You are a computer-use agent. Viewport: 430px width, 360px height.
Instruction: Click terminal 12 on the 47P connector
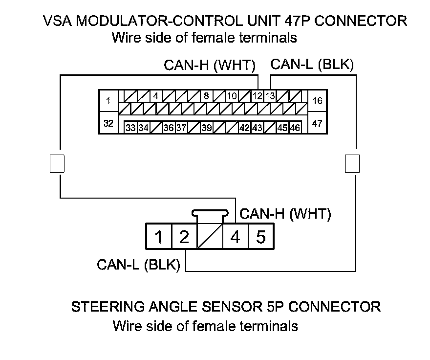258,96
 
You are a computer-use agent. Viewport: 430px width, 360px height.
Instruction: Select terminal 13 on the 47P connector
270,96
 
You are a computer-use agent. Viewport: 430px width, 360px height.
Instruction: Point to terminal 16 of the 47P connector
317,101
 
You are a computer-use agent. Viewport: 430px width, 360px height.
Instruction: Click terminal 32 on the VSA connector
108,123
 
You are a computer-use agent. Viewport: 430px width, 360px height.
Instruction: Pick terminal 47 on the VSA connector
317,123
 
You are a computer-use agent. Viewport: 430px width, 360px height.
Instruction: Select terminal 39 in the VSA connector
206,128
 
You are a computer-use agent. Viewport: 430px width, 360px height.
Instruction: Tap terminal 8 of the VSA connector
206,96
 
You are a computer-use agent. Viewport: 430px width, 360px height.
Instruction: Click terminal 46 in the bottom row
295,128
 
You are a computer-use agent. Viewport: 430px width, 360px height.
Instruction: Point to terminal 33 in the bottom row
130,128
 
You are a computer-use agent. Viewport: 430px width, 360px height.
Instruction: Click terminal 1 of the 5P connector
158,237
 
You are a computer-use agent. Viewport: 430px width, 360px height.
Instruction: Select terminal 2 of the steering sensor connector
184,237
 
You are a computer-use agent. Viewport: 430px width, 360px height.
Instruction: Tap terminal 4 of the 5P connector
235,237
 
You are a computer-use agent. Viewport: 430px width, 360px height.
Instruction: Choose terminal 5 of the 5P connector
260,237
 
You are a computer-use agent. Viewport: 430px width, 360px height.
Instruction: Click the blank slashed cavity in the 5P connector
209,237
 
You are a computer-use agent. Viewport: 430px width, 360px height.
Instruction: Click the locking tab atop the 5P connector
210,213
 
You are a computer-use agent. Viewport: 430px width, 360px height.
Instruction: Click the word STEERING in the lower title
104,307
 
